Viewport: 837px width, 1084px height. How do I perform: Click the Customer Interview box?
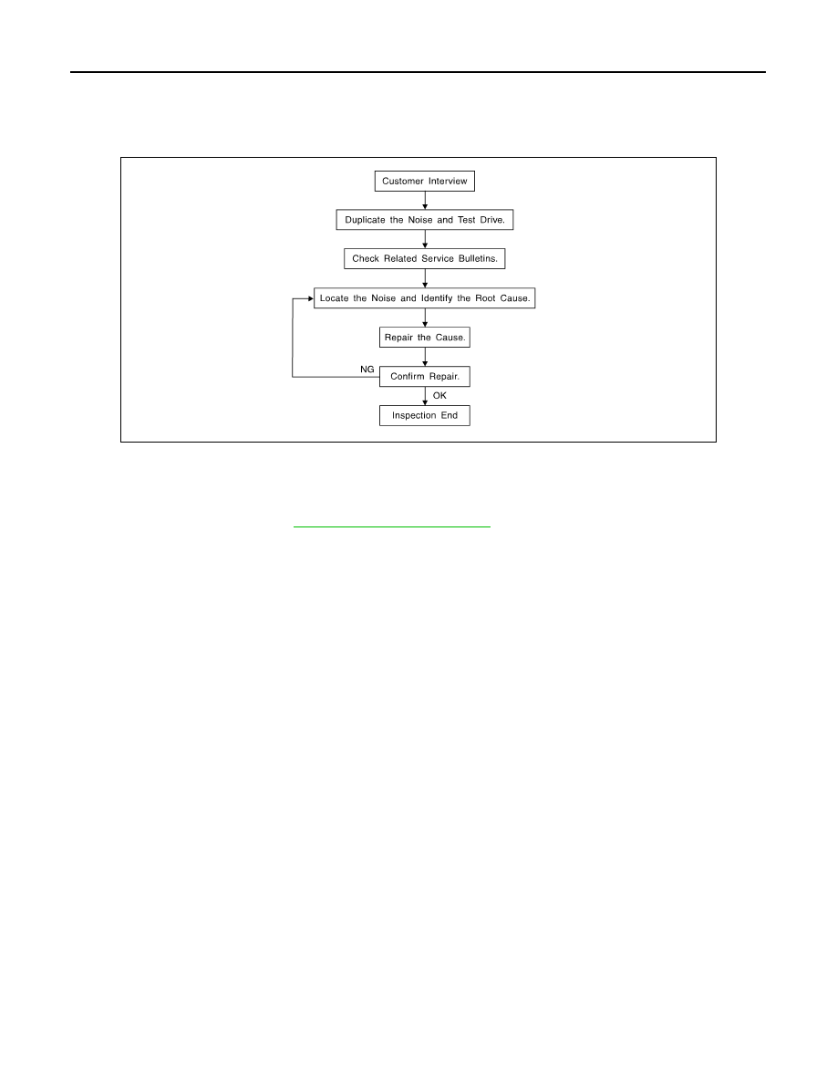coord(425,182)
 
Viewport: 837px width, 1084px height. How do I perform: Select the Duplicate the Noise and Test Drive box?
coord(425,220)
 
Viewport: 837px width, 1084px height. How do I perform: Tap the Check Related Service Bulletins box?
coord(425,258)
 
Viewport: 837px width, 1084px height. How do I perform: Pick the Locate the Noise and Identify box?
coord(425,298)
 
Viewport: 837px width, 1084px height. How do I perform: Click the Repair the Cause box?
coord(425,338)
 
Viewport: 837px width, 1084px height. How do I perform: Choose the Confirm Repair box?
coord(425,376)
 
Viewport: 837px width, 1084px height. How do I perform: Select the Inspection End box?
coord(425,415)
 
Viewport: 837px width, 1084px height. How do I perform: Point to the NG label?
coord(367,370)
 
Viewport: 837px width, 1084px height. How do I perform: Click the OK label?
coord(439,395)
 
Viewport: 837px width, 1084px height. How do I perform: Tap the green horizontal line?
coord(391,526)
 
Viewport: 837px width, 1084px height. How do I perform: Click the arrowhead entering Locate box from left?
coord(311,298)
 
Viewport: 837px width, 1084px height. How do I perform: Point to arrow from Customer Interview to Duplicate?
coord(425,201)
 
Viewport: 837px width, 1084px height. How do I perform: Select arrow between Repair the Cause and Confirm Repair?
coord(425,357)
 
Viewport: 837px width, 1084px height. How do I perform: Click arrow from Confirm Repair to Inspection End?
coord(425,396)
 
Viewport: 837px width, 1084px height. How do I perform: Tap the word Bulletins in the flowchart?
coord(478,258)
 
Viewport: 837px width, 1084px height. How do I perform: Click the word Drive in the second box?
coord(492,220)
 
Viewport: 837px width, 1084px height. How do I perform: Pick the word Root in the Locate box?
coord(485,298)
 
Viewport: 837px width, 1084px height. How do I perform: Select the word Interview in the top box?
coord(448,182)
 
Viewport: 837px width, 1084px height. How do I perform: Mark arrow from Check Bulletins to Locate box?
coord(425,278)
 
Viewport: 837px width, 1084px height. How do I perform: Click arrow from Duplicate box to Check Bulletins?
coord(425,239)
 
